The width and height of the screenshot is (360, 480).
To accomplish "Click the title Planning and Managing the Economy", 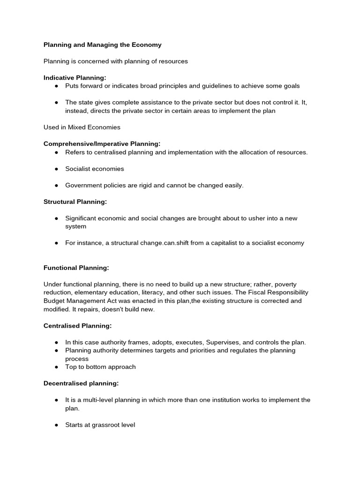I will [102, 45].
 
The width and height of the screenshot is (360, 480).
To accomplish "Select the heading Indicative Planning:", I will [75, 78].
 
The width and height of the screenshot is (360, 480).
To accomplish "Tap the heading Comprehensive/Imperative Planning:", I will [102, 143].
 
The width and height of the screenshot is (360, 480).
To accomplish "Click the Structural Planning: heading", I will [75, 202].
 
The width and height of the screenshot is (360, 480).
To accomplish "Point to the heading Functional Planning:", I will [76, 268].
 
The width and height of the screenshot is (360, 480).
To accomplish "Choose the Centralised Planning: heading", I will [77, 325].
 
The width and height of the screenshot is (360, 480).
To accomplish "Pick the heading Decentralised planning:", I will [81, 383].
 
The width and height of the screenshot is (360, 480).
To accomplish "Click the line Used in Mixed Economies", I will [82, 127].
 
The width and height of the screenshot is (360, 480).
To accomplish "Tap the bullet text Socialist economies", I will [95, 169].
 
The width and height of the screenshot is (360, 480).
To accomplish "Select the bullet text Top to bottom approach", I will [100, 367].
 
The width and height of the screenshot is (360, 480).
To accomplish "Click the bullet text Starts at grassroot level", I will [100, 425].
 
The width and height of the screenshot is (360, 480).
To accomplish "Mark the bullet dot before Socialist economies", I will [56, 169].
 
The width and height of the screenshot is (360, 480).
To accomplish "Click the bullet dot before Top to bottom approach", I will [56, 367].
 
